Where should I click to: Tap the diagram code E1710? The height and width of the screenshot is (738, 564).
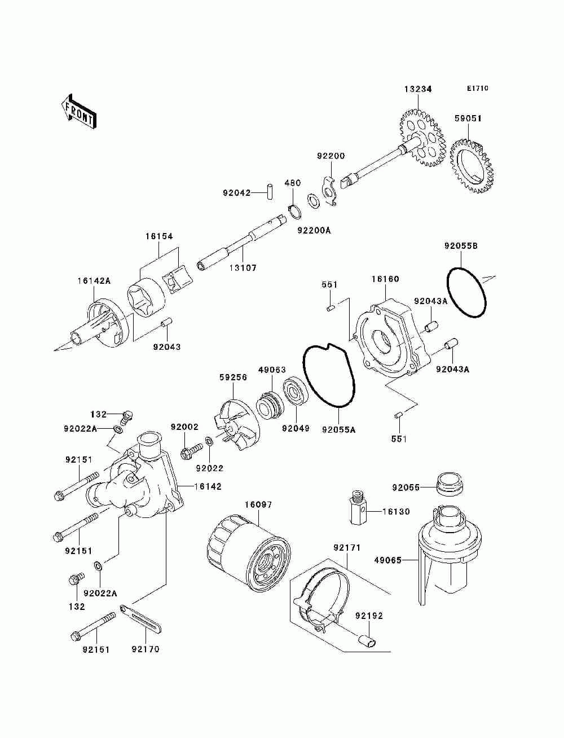tap(477, 89)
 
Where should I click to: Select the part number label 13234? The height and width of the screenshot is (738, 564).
tap(418, 89)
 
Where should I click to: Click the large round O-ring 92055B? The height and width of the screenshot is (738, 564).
tap(466, 292)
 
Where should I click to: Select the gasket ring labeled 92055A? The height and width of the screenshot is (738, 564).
tap(329, 376)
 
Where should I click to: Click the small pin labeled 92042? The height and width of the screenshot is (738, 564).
tap(270, 192)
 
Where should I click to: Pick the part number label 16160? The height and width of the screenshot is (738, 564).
tap(385, 279)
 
